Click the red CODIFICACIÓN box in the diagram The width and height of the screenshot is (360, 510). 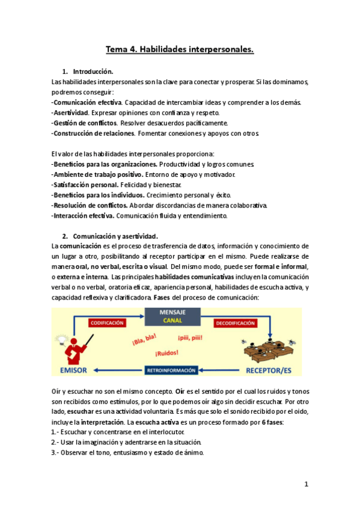(107, 323)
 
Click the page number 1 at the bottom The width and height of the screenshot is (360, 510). (306, 484)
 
